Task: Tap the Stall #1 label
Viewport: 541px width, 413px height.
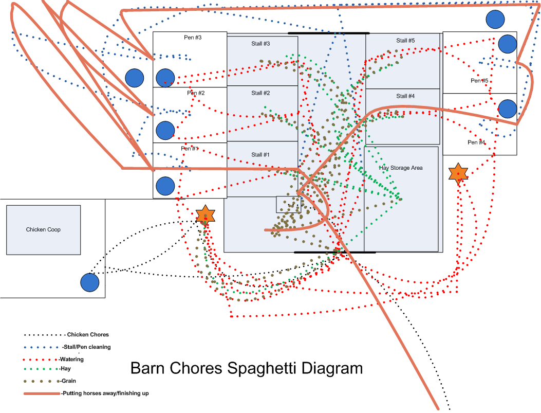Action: (x=260, y=155)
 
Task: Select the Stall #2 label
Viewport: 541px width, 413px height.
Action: (x=260, y=93)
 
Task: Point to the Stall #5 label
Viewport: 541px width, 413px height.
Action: (x=405, y=41)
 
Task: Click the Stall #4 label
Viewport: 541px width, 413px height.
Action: (x=405, y=96)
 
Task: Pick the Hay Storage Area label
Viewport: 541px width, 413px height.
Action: (x=401, y=168)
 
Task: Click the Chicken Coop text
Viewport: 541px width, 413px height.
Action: (x=43, y=229)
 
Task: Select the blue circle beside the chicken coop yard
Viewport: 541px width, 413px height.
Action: (x=89, y=282)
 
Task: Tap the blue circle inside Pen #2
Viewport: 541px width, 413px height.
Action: (x=165, y=130)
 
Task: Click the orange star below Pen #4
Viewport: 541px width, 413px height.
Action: (x=458, y=173)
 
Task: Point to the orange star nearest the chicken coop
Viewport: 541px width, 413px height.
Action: (x=205, y=214)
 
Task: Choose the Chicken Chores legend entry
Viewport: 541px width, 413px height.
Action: (x=88, y=335)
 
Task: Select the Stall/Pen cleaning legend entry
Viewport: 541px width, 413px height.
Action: (x=86, y=347)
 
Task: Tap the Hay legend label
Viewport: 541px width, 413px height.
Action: (x=65, y=369)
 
